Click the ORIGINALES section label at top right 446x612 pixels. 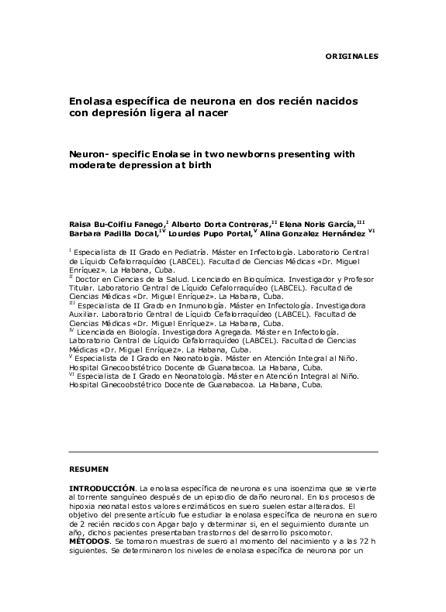[351, 57]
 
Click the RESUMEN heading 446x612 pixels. [89, 469]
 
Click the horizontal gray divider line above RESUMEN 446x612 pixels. [223, 451]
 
